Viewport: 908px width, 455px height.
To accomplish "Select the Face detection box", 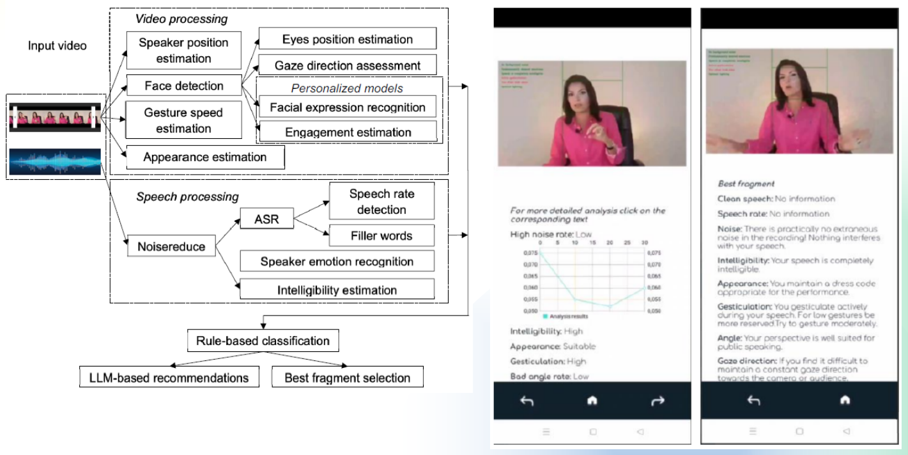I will click(x=183, y=86).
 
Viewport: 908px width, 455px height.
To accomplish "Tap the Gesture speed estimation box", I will click(x=183, y=120).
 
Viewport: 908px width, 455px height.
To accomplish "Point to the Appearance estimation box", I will click(x=205, y=157).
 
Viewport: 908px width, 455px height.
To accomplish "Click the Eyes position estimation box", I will click(x=348, y=39).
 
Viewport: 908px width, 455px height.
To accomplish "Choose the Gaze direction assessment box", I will click(x=348, y=65).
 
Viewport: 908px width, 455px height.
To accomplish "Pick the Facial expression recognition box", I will click(x=348, y=107).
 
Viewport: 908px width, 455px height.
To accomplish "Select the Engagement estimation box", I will click(x=348, y=132).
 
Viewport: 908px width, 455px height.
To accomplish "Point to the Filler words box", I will click(x=381, y=235).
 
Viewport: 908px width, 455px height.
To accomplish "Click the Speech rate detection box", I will click(x=381, y=202).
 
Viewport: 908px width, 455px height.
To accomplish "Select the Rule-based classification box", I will click(x=263, y=340).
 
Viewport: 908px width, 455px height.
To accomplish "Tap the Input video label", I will click(x=58, y=46).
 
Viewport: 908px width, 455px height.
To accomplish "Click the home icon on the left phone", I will click(x=592, y=401).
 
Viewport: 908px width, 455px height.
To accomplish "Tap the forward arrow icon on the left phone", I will click(x=658, y=401).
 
